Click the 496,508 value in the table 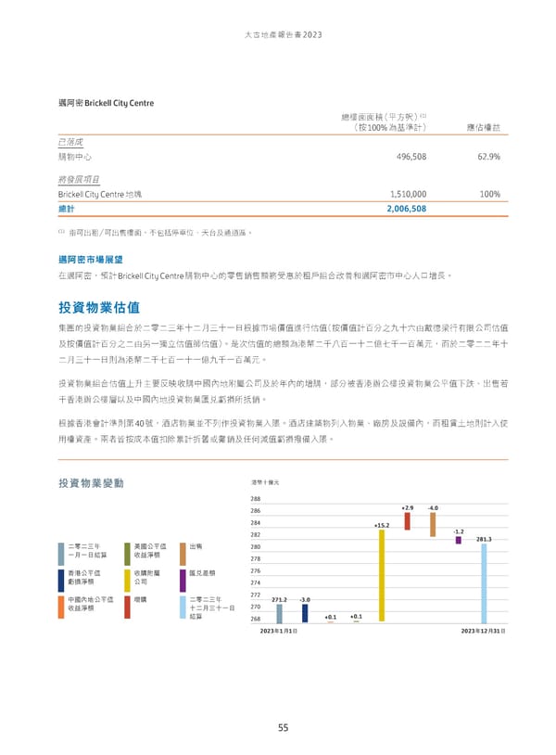(410, 158)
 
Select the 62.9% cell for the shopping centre (486, 158)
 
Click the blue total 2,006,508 (406, 210)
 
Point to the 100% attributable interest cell (490, 194)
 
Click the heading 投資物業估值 (99, 306)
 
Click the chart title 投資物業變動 (91, 483)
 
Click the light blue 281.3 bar (482, 582)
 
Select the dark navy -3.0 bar (305, 612)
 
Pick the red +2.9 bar (407, 518)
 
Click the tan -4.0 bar (433, 524)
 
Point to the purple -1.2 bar (458, 539)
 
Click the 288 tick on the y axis (256, 499)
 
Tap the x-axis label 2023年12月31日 (482, 631)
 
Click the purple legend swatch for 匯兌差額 (182, 580)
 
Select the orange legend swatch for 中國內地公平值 (63, 607)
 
